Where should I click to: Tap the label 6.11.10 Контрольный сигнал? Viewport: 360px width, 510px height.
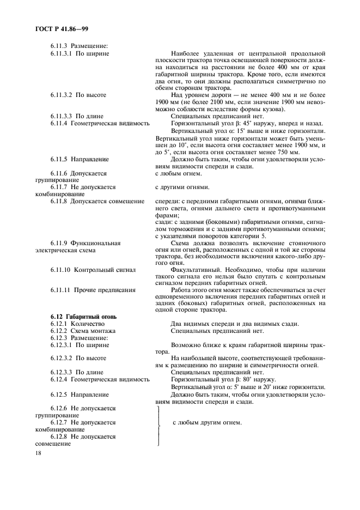click(x=93, y=269)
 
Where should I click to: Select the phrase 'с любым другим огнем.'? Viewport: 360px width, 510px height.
click(x=207, y=423)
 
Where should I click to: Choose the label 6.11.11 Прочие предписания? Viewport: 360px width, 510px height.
click(x=93, y=290)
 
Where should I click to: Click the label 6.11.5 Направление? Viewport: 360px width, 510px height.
click(x=80, y=159)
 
